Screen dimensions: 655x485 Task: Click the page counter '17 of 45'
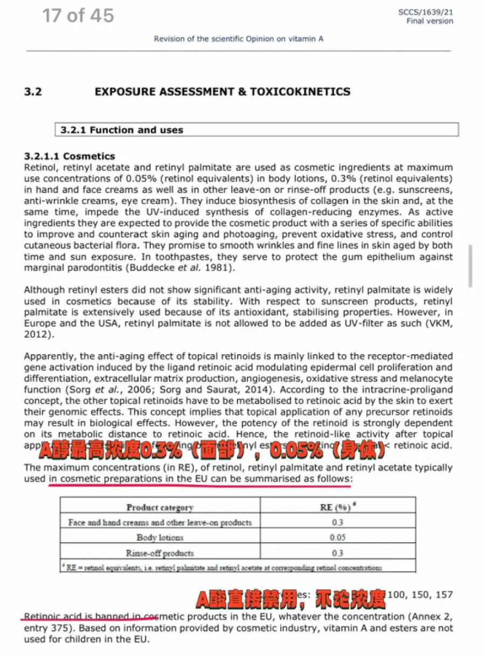[78, 16]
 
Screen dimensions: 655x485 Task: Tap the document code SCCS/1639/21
[426, 12]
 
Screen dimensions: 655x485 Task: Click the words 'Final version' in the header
[429, 21]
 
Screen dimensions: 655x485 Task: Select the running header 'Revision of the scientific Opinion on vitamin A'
[239, 39]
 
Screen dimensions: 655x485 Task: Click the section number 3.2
[33, 92]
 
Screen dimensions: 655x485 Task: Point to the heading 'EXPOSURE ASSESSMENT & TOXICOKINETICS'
[223, 92]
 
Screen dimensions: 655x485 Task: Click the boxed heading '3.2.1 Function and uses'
[122, 130]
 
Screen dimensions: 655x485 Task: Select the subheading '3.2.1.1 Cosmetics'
[70, 156]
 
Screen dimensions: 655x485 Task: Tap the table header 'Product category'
[160, 507]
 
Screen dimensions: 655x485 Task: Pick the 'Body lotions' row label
[160, 537]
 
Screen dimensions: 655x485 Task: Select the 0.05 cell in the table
[338, 537]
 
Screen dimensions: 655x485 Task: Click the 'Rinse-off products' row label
[160, 553]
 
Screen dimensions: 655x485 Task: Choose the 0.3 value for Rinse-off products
[338, 553]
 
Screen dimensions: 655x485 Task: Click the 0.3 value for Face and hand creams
[338, 522]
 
